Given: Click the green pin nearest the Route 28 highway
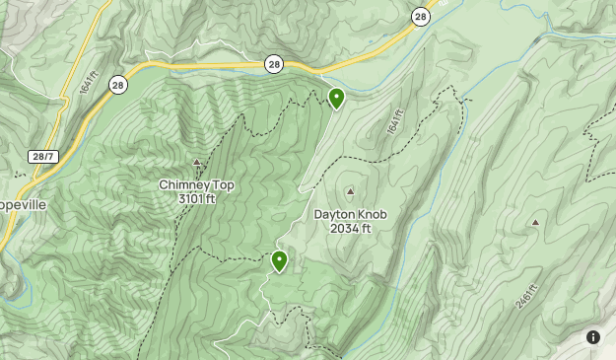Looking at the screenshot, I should click(x=336, y=98).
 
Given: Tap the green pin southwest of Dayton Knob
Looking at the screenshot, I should click(x=279, y=261).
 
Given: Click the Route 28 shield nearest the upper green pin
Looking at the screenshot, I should click(x=274, y=64).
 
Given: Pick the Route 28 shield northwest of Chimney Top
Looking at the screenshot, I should click(x=118, y=85).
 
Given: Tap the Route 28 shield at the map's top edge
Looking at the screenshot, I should click(x=421, y=17).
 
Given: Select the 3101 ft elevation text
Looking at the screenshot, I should click(x=197, y=198).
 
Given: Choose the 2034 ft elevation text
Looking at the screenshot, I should click(x=350, y=229).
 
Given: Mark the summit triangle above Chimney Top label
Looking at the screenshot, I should click(x=196, y=163).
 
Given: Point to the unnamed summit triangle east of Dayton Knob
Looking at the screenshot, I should click(x=535, y=223).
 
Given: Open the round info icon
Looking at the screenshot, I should click(x=593, y=337).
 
